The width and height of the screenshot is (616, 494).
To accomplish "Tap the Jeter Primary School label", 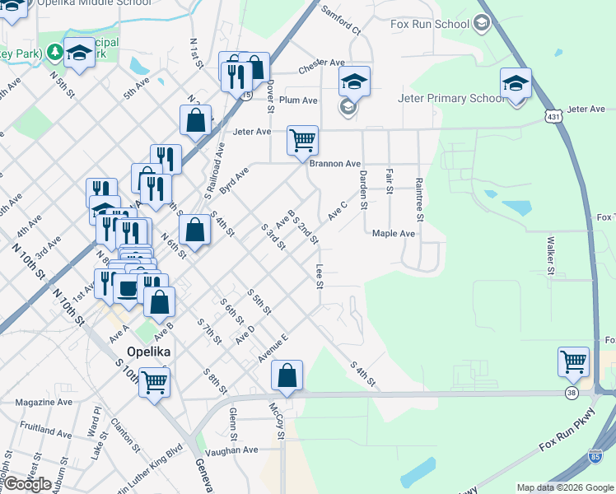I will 450,99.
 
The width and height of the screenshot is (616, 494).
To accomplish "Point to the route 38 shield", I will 572,394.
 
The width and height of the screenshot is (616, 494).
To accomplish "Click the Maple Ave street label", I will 394,234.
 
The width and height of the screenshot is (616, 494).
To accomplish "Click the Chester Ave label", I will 322,63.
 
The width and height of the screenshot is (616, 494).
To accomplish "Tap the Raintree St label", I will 419,198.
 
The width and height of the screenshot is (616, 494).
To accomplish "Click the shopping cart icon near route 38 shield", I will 574,361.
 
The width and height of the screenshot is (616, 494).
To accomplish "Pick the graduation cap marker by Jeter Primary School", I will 516,83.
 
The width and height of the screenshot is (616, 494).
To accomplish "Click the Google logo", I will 27,484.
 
